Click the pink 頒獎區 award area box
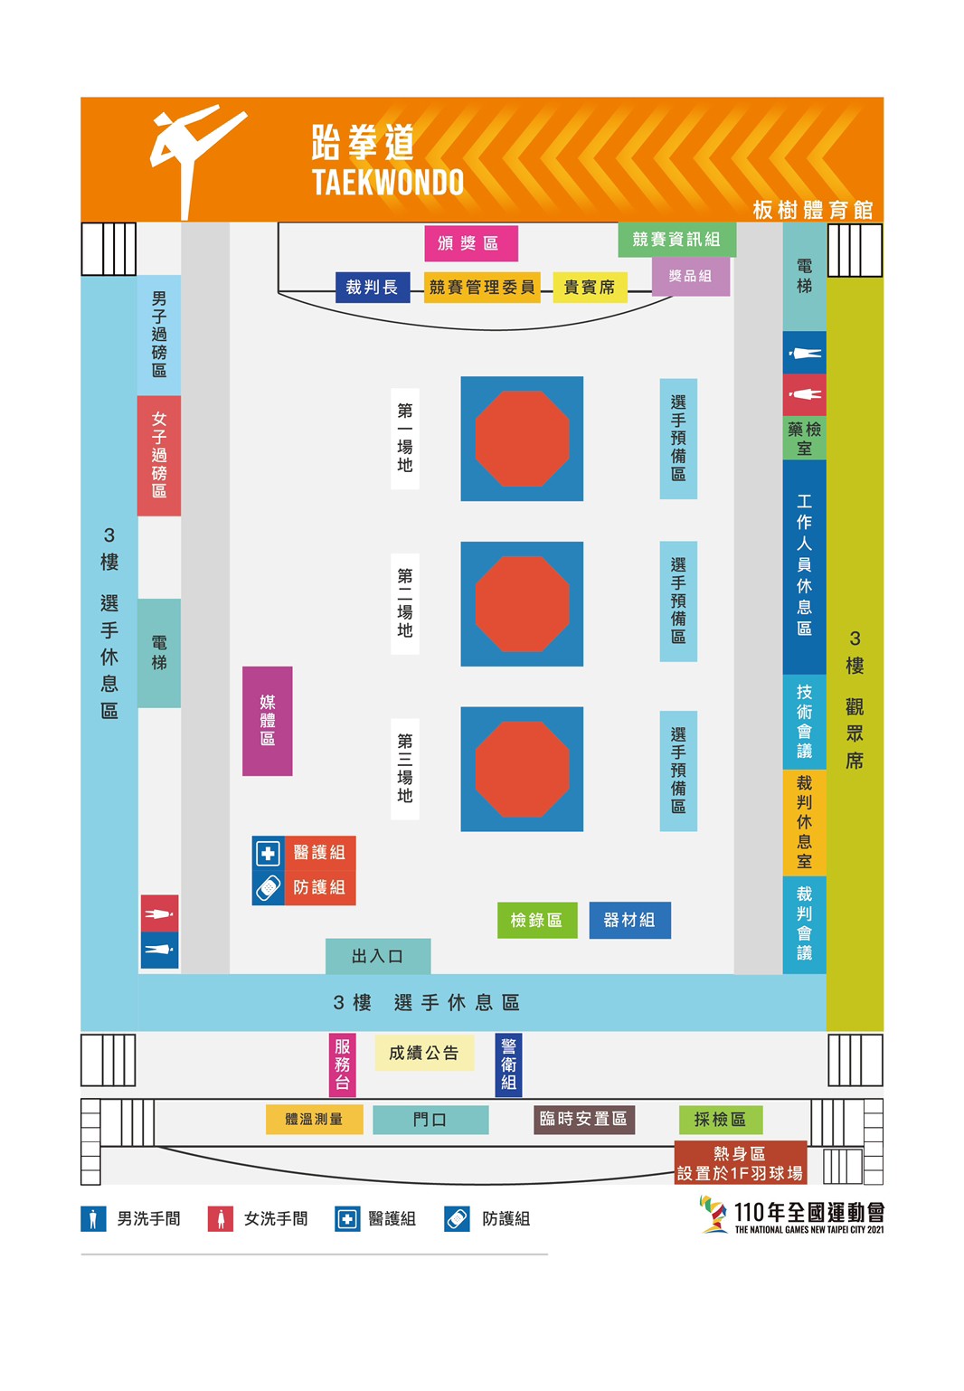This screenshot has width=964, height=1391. pos(471,242)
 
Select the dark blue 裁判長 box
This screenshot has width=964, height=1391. pos(373,287)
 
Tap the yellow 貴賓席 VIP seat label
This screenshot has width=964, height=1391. pos(590,287)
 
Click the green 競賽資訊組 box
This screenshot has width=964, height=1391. pos(676,239)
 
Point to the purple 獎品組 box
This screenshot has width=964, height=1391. pos(690,277)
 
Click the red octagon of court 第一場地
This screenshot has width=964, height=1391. pos(522,439)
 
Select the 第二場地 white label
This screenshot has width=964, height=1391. pos(405,603)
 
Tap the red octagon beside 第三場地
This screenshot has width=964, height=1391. pos(522,769)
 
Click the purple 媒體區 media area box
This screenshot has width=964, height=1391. pos(267,720)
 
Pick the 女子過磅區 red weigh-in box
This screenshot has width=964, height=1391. pos(159,455)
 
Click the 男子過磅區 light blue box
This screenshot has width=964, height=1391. pos(159,335)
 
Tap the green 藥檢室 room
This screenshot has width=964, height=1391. pos(804,438)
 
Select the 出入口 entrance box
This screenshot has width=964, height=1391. pos(378,956)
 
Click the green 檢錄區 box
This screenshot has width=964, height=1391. pos(537,920)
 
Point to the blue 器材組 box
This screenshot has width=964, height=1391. pos(629,920)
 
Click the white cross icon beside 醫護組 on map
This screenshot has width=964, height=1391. pos(269,853)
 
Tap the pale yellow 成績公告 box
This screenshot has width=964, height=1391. pos(424,1053)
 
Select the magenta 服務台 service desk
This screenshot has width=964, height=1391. pos(342,1065)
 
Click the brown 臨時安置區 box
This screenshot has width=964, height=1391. pos(584,1119)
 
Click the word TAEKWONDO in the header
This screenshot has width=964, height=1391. pos(388,182)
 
